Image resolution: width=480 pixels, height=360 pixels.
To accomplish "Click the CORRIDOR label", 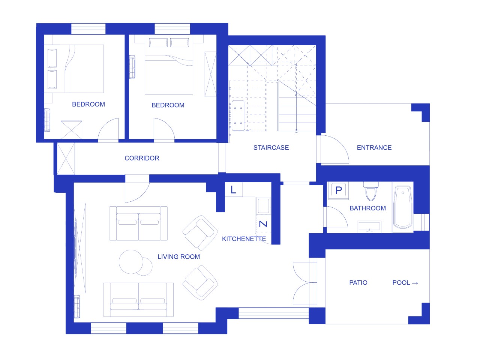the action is click(x=142, y=158).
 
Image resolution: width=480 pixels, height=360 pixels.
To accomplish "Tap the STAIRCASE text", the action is click(x=271, y=147).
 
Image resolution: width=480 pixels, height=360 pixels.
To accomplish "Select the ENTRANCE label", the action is click(x=374, y=147).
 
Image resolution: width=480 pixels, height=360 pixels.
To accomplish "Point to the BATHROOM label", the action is click(x=367, y=208).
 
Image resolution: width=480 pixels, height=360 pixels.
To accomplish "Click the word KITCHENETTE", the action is click(x=244, y=239).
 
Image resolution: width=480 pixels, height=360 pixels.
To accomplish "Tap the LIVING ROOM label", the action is click(x=178, y=256).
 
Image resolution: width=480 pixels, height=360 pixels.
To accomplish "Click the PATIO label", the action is click(x=358, y=283).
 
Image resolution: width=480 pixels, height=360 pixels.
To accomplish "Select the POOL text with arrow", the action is click(x=405, y=283).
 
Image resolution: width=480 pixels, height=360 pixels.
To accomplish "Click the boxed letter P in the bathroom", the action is click(x=339, y=190).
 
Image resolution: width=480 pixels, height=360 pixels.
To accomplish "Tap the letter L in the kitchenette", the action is click(x=233, y=190).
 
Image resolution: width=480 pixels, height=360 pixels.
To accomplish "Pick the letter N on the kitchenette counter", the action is click(x=263, y=224).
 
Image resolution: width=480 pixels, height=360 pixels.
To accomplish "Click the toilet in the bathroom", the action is click(x=371, y=191).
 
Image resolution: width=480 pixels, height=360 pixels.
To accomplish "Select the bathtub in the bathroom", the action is click(x=403, y=207).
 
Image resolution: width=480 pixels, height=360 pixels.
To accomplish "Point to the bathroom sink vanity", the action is click(x=369, y=227).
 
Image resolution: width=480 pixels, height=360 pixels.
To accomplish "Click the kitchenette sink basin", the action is click(x=263, y=205).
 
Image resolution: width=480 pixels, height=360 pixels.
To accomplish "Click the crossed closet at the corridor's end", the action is click(x=66, y=159).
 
